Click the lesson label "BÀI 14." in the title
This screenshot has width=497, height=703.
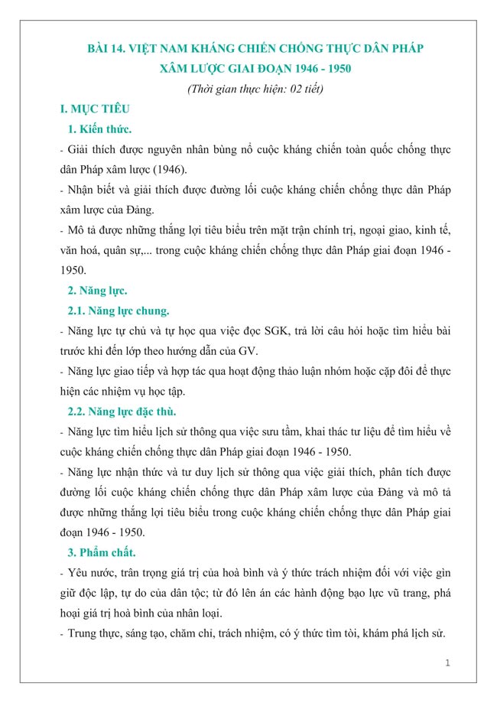pyautogui.click(x=108, y=49)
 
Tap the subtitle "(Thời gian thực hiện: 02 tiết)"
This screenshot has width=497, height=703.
pyautogui.click(x=255, y=89)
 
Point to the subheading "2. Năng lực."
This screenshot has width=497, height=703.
pyautogui.click(x=97, y=290)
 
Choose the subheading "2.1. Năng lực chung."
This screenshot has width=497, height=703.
pyautogui.click(x=119, y=311)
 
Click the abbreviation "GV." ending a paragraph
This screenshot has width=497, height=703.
pyautogui.click(x=249, y=351)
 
